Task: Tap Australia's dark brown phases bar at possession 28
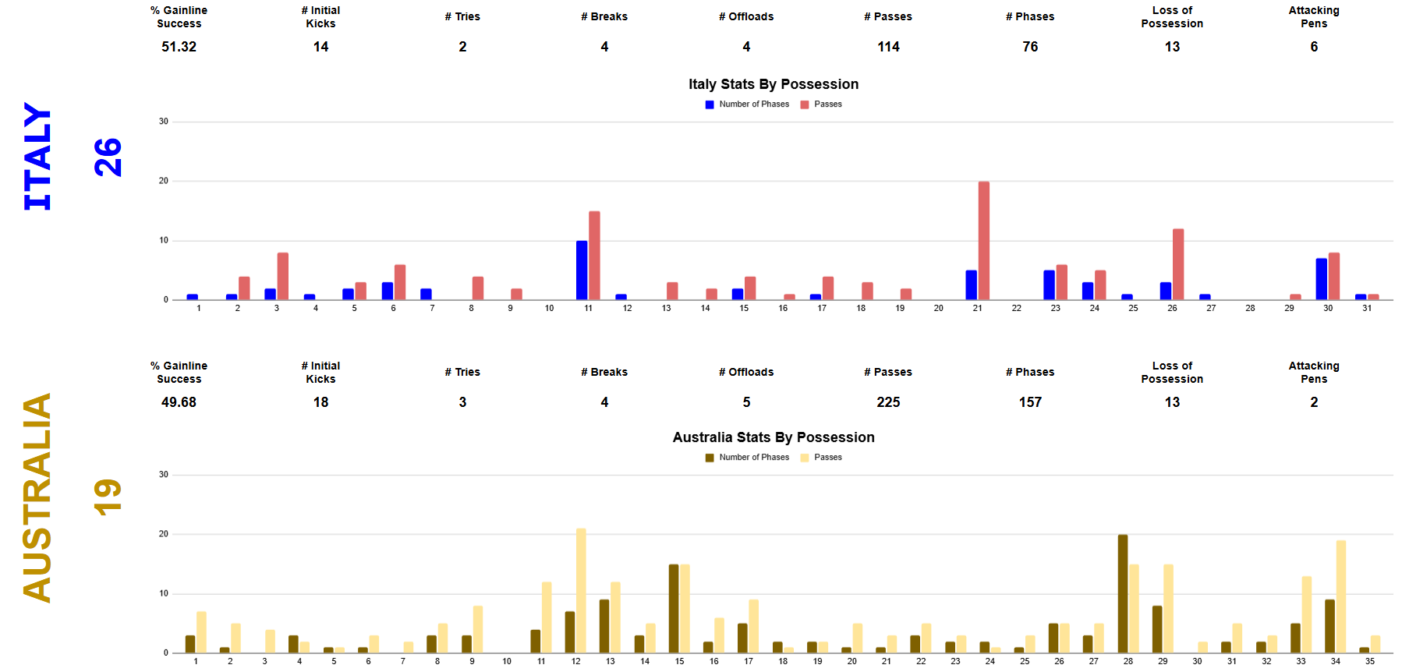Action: click(1122, 593)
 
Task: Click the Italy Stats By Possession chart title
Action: click(773, 84)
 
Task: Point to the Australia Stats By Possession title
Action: click(773, 437)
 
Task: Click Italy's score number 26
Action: click(108, 157)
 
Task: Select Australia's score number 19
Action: click(108, 497)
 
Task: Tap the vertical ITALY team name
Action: click(37, 156)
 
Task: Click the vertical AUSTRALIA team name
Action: click(37, 497)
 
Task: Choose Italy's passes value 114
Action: click(888, 47)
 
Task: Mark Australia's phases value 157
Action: click(1030, 402)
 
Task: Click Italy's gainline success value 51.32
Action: click(179, 47)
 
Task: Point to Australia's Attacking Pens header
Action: click(1314, 372)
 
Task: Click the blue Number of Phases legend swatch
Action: click(710, 104)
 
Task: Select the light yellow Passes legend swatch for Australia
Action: click(805, 458)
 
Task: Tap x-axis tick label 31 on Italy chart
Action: click(1367, 308)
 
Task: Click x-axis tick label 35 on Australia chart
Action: click(1369, 661)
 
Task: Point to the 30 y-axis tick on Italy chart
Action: click(164, 122)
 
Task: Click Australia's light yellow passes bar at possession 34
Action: click(1340, 596)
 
